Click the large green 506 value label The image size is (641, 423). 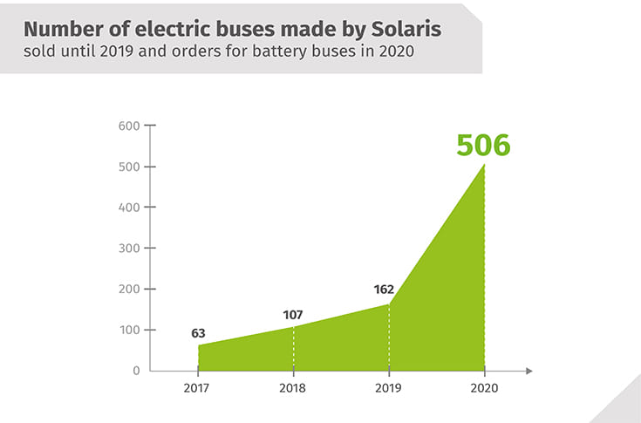coord(483,144)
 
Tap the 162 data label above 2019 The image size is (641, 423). coord(384,290)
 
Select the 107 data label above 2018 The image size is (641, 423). coord(294,314)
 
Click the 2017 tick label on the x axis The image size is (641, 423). coord(198,388)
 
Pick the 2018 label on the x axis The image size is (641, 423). coord(294,388)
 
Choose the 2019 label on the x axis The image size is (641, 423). coord(389,388)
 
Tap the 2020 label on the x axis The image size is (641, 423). coord(484,388)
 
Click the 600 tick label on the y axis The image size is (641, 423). coord(129,126)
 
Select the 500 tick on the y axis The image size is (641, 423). coord(129,167)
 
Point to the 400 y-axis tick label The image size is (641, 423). coord(129,208)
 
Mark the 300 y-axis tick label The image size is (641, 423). coord(129,249)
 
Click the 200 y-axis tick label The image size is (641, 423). coord(129,289)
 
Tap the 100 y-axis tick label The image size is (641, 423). coord(129,330)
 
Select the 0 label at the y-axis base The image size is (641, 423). coord(136,371)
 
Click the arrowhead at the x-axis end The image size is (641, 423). coord(528,371)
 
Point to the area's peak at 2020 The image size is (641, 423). coord(484,165)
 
